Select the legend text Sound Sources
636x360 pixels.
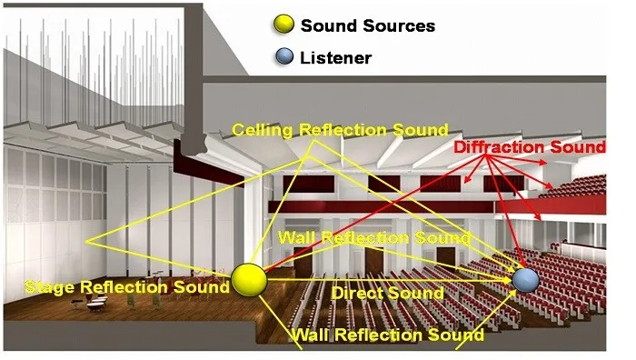[367, 25]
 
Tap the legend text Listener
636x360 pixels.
[335, 57]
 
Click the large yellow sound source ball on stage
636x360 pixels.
[249, 280]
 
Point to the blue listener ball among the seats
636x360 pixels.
[525, 279]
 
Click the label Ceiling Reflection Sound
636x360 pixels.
[340, 130]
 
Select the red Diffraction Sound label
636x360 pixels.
[529, 147]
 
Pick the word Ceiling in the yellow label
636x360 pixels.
[261, 130]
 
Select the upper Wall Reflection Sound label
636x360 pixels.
[374, 238]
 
